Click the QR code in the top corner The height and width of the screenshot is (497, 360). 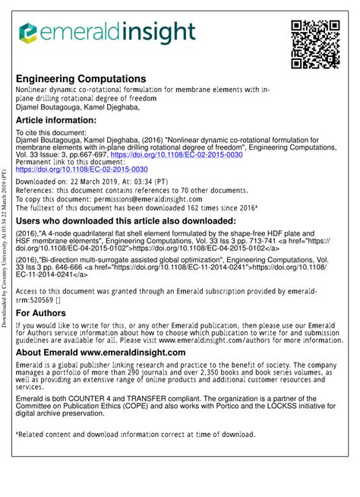(x=314, y=43)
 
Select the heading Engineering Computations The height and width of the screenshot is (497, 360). (x=81, y=78)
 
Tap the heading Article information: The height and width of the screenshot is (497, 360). (x=60, y=120)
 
